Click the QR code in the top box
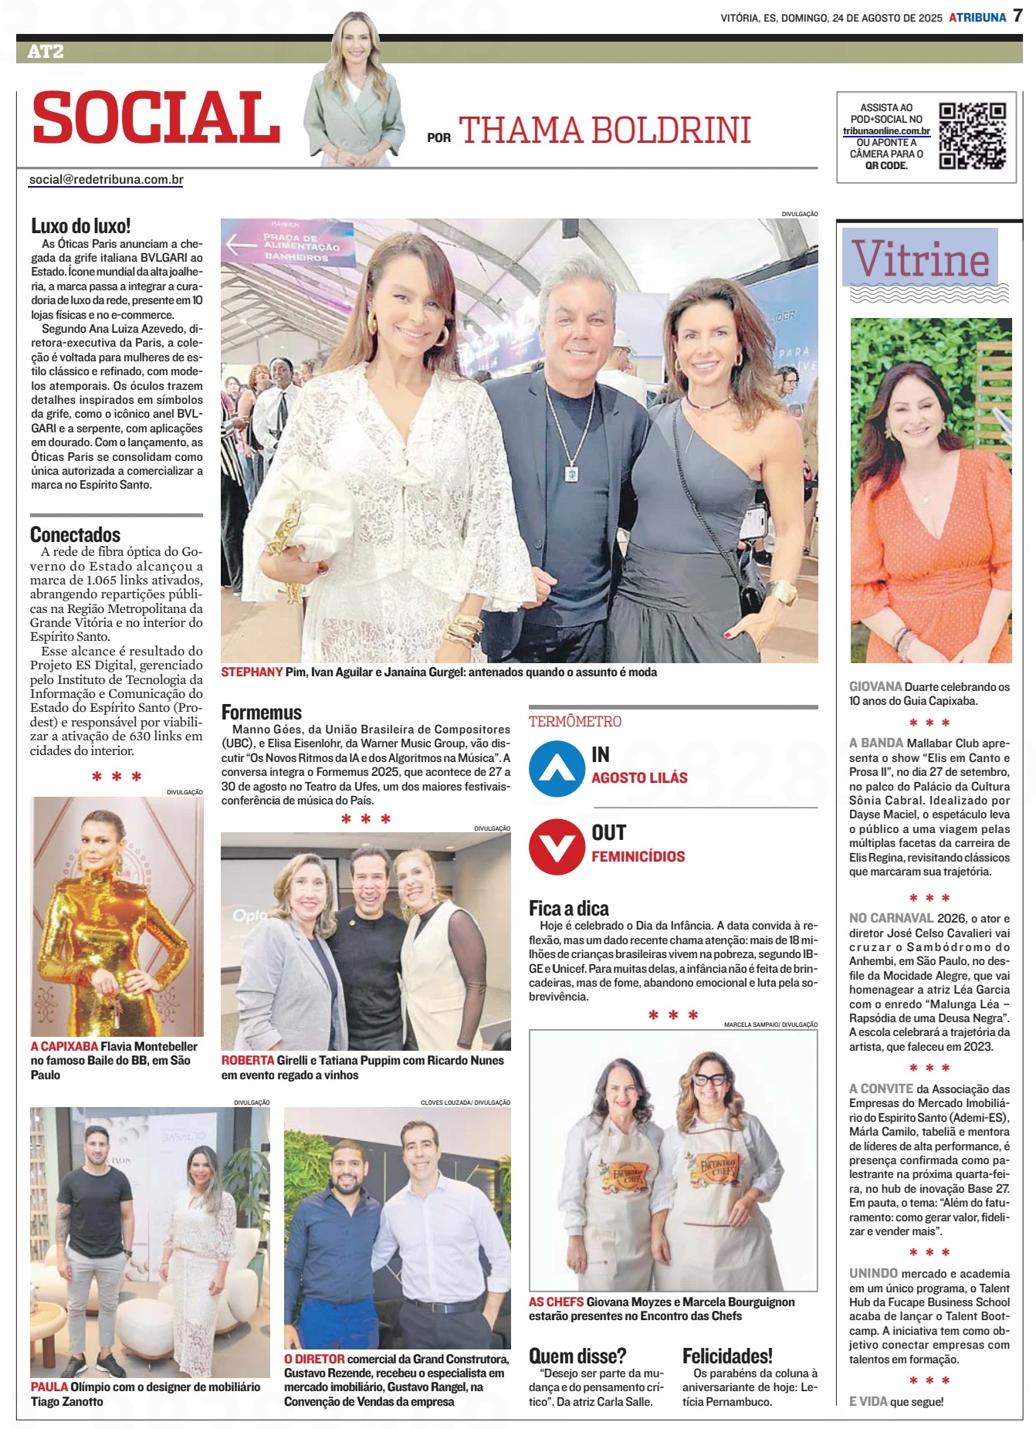pos(972,136)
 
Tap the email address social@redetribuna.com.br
pos(107,179)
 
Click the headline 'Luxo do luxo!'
pos(81,225)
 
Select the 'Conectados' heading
pos(75,534)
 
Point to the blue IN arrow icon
pos(557,768)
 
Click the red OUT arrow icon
pos(557,846)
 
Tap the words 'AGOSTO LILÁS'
pos(639,777)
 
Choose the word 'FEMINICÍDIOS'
pos(638,856)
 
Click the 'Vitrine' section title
pos(920,259)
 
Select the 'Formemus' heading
pos(262,712)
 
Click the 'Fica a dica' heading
pos(569,908)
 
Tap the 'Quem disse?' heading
pos(577,1356)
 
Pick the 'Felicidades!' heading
pos(727,1356)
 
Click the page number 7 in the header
pos(1017,16)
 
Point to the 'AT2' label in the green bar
pos(46,52)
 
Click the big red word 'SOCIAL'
pos(157,117)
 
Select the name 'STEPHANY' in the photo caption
pos(252,672)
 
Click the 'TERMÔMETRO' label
pos(575,721)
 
